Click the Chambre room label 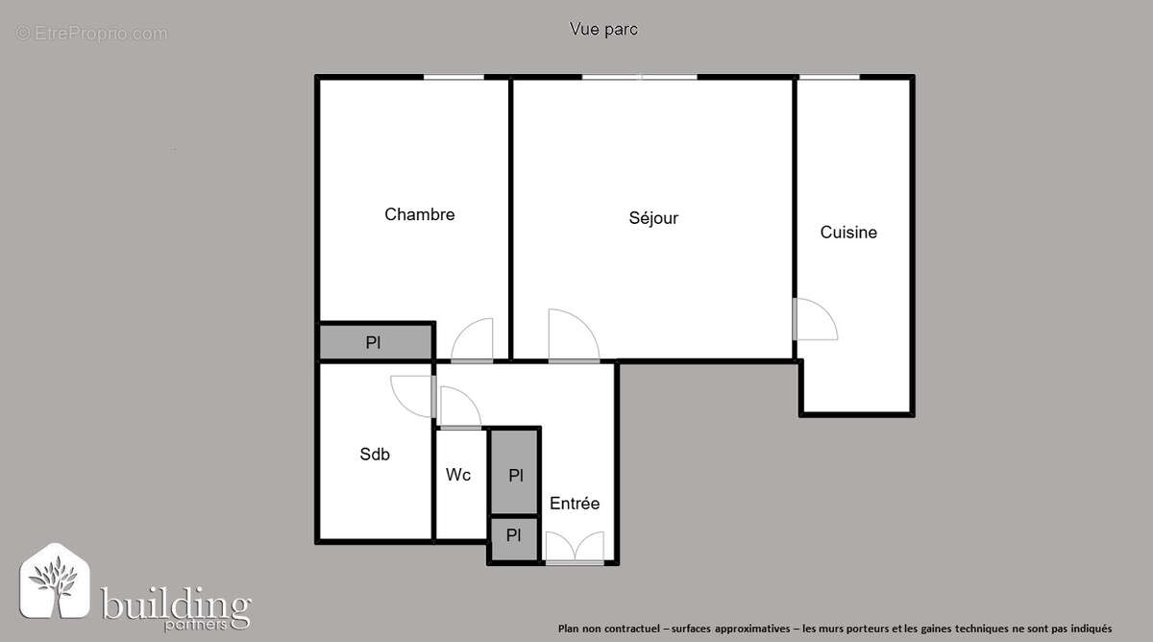tap(419, 214)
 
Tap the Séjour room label tap(653, 218)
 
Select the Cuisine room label tap(848, 232)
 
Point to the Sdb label tap(375, 455)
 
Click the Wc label tap(458, 475)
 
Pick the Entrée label tap(575, 503)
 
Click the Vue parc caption tap(603, 30)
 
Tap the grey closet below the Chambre tap(375, 342)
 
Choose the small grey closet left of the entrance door tap(514, 536)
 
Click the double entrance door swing tap(575, 549)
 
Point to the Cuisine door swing tap(817, 319)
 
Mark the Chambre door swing tap(473, 340)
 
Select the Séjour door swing tap(573, 336)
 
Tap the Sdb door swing tap(413, 394)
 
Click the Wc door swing tap(458, 407)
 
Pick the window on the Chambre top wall tap(454, 77)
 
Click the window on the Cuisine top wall tap(829, 77)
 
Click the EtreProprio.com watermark tap(91, 34)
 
